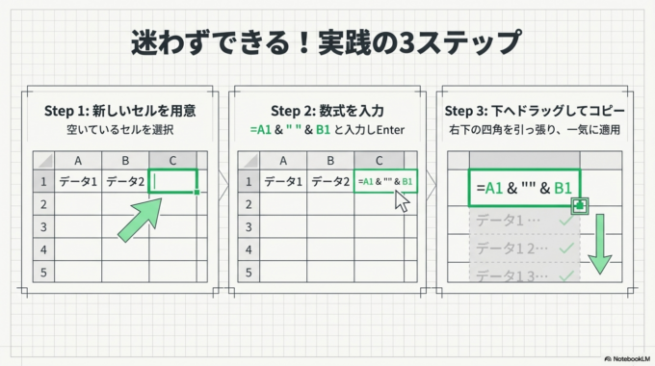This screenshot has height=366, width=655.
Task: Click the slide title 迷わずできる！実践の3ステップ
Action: click(x=327, y=43)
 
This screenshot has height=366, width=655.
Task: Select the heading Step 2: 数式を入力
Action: click(x=327, y=111)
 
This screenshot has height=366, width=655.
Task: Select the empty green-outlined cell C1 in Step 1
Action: click(x=174, y=181)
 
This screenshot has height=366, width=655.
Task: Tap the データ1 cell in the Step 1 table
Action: click(x=78, y=181)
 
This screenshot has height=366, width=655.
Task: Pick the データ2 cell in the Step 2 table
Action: click(x=330, y=181)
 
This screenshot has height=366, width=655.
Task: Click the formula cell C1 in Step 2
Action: click(x=384, y=181)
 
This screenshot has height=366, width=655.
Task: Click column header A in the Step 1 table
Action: click(x=78, y=160)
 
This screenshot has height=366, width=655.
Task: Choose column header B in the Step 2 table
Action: click(x=330, y=160)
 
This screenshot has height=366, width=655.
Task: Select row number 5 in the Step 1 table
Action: click(x=42, y=272)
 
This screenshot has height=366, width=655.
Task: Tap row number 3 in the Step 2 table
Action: click(x=250, y=226)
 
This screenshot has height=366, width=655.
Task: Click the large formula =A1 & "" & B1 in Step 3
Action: click(x=525, y=188)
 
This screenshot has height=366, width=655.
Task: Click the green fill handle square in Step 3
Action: click(x=580, y=205)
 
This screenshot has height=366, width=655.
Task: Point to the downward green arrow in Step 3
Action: click(x=600, y=246)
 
